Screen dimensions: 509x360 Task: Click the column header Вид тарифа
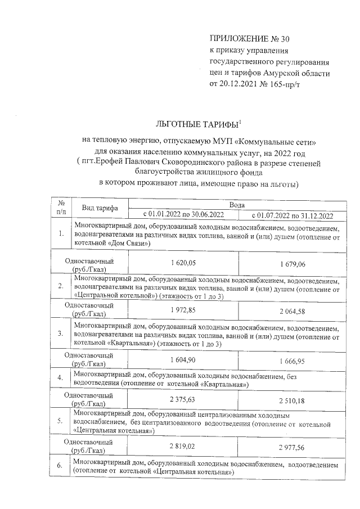(100, 208)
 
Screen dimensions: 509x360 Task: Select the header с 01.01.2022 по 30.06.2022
(183, 215)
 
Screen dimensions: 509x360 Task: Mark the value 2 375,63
(183, 399)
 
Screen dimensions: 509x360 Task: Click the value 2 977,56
(292, 446)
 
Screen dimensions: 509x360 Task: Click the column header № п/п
(61, 208)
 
